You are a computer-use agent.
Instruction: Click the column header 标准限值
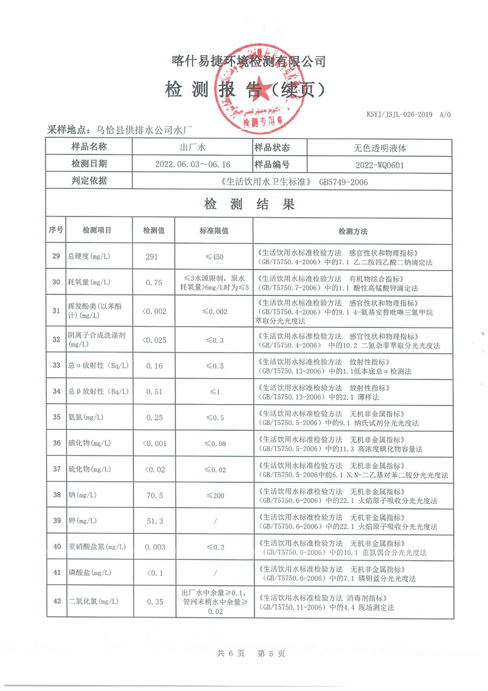coord(214,231)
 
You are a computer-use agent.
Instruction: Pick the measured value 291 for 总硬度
coord(153,257)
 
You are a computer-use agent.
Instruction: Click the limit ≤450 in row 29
coord(214,257)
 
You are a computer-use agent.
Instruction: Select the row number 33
coord(56,365)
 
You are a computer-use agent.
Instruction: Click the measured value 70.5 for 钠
coord(153,494)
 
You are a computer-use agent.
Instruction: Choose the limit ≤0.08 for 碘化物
coord(214,443)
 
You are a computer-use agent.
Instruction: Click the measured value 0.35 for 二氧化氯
coord(153,602)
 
